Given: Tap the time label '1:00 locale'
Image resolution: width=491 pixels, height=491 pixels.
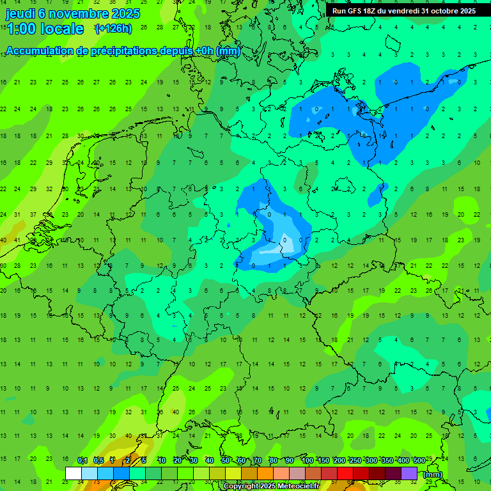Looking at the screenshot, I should click(45, 29).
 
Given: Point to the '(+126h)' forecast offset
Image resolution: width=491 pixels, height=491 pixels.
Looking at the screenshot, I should click(113, 28).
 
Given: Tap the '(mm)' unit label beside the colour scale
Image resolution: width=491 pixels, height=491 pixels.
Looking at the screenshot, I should click(433, 474).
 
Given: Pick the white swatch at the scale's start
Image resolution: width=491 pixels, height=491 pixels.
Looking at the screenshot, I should click(74, 473).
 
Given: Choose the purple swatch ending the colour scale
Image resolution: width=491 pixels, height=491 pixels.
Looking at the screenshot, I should click(409, 473).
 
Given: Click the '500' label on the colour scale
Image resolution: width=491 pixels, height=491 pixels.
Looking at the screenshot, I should click(419, 460).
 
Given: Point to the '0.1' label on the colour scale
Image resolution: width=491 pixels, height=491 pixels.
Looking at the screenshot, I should click(82, 460).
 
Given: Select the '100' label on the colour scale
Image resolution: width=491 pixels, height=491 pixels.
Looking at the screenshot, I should click(307, 460).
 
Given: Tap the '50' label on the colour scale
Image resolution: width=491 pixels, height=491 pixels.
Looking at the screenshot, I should click(226, 460).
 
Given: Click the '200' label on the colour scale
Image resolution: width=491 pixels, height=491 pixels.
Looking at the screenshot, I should click(339, 460).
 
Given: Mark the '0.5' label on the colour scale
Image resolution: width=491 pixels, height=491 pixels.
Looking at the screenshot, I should click(98, 460).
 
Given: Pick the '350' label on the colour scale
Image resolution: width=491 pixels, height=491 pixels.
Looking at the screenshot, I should click(387, 460).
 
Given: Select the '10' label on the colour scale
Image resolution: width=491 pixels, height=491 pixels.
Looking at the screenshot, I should click(161, 460).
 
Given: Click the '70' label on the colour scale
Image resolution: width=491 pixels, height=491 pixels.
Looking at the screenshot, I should click(258, 460).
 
